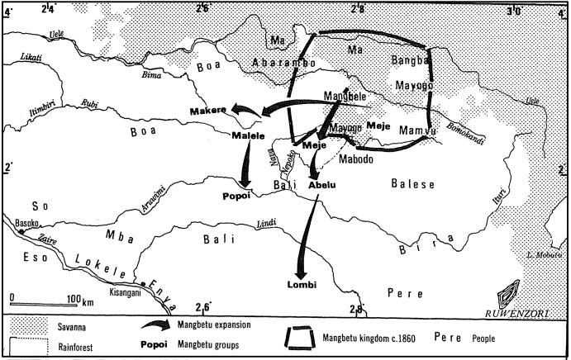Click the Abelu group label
click(322, 186)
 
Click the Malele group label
click(248, 135)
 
